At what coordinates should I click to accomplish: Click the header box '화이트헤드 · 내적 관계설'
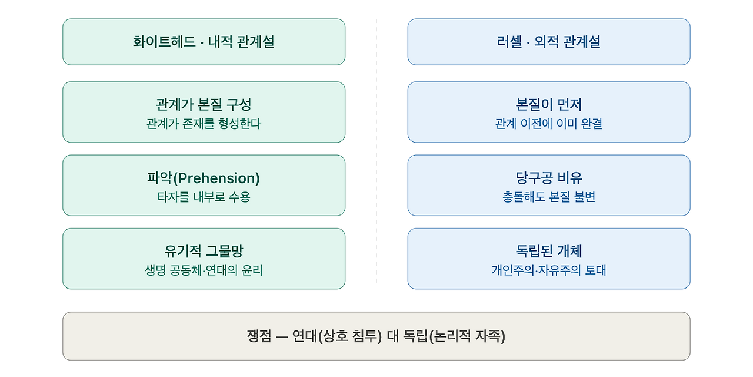tap(204, 42)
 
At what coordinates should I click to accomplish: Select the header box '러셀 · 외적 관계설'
tap(549, 42)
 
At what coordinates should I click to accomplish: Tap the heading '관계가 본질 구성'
tap(204, 104)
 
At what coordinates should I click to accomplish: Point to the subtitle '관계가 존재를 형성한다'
tap(204, 124)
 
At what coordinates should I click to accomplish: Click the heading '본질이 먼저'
tap(549, 104)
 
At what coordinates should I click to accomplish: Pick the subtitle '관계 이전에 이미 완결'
tap(549, 124)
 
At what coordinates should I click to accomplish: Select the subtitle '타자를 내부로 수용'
tap(204, 197)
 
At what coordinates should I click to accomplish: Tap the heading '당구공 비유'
tap(549, 178)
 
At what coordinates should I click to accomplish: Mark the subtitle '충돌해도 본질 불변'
tap(549, 197)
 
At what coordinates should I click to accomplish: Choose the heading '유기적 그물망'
tap(204, 251)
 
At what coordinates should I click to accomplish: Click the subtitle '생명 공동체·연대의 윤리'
tap(204, 270)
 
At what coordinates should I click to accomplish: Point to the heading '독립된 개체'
tap(549, 251)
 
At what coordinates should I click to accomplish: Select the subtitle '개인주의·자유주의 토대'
tap(549, 270)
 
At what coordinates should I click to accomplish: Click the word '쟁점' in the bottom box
tap(259, 336)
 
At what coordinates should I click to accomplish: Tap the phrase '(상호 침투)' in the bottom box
tap(349, 336)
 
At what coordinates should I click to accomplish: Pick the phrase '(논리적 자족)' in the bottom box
tap(467, 336)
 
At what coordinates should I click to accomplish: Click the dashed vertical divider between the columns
tap(376, 151)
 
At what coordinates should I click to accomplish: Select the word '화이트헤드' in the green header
tap(164, 42)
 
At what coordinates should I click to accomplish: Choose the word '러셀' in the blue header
tap(509, 42)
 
